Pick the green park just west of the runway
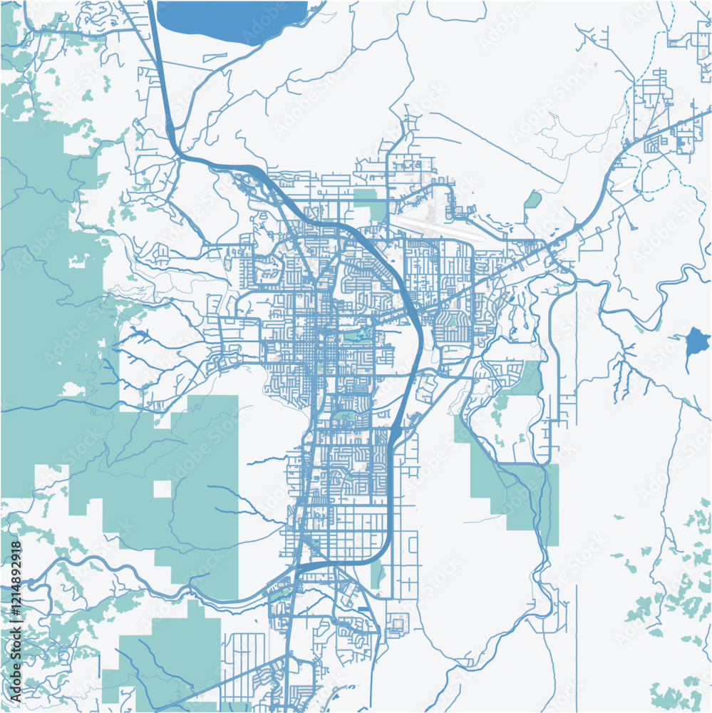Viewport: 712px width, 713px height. click(368, 202)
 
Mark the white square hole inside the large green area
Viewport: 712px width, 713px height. click(162, 489)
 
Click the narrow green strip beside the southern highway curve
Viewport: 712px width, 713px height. click(376, 574)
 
